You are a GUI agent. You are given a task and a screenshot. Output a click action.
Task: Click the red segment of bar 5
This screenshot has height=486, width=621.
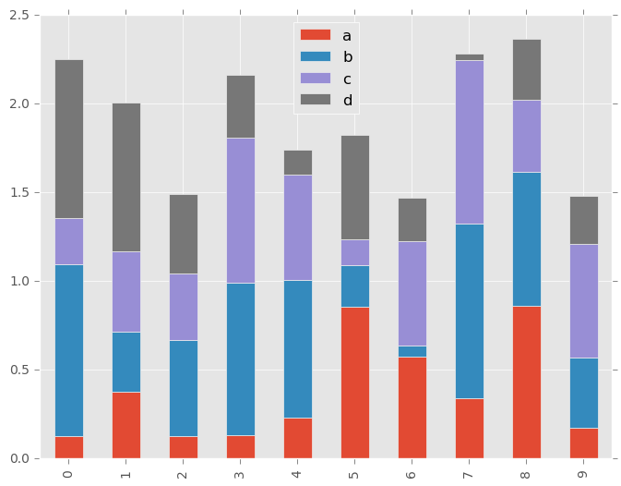[355, 383]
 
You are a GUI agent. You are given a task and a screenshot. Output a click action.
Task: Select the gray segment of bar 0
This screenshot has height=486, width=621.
[69, 139]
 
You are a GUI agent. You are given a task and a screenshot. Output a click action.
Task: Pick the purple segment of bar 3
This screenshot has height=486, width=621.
[241, 211]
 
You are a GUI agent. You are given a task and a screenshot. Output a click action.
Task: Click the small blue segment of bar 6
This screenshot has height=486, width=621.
[412, 351]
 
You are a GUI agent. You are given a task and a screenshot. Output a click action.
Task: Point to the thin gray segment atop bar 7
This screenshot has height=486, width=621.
[470, 57]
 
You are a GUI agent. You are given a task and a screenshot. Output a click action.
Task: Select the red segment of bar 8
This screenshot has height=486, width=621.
[527, 382]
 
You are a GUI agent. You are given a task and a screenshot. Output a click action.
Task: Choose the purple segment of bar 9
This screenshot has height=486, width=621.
[584, 301]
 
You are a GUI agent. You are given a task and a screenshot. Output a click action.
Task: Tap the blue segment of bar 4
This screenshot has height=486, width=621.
[298, 349]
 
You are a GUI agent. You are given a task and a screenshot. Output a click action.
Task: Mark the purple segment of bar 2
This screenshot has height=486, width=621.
[184, 307]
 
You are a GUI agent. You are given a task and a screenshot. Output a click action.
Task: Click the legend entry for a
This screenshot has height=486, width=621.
[328, 35]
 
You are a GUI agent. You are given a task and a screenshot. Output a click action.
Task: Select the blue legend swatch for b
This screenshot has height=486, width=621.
[315, 57]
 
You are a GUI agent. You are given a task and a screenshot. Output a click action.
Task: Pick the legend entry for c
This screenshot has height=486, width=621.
[328, 79]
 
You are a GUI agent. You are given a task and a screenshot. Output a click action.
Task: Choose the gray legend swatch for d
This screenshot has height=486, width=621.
[315, 100]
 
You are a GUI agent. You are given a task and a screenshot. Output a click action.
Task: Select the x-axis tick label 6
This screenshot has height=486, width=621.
[412, 473]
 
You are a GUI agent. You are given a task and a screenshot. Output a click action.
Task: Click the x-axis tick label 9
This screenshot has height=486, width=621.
[584, 473]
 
